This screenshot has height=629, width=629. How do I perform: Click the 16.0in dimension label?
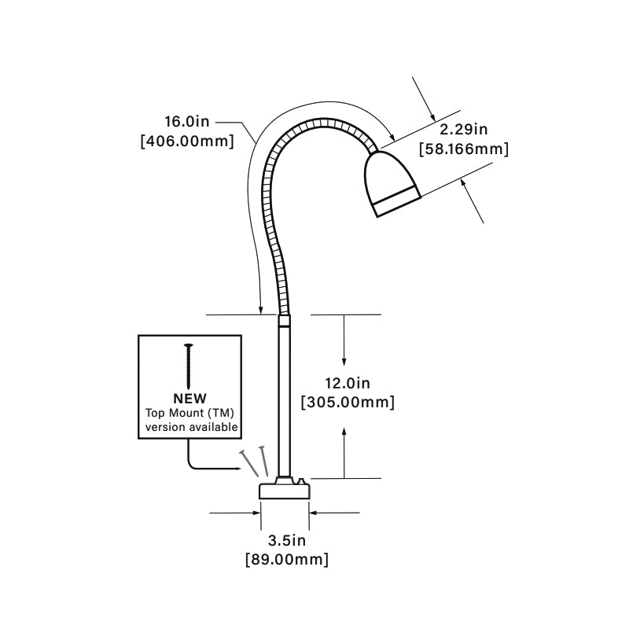187,123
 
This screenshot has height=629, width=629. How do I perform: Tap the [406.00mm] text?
187,142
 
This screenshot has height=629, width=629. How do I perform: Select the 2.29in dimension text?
463,128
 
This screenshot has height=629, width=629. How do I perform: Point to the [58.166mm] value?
464,148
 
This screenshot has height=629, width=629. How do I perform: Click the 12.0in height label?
348,383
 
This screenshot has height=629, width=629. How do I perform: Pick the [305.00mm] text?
348,402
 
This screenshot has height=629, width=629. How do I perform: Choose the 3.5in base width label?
286,540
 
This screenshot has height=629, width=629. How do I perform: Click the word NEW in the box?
189,399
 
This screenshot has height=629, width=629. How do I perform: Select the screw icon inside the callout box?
189,365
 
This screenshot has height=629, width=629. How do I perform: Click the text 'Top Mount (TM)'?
190,413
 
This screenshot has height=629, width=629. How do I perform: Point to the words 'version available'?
190,427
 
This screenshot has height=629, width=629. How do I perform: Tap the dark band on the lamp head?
398,200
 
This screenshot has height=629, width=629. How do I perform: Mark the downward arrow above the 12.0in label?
344,338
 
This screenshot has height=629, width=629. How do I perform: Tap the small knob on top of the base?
301,479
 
